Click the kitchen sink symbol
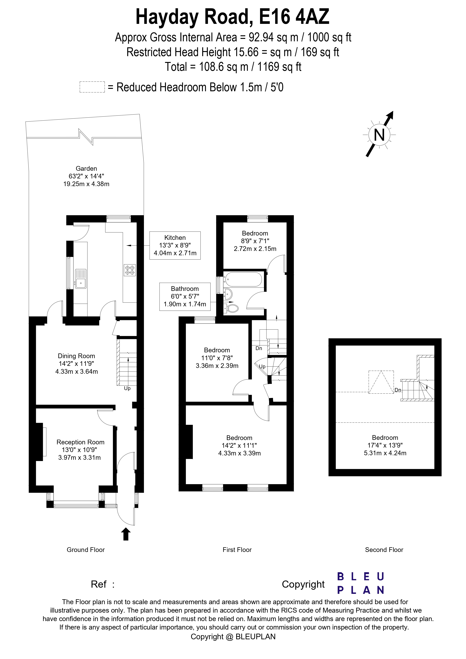tap(81, 279)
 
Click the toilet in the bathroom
tap(232, 309)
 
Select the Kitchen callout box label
tap(175, 238)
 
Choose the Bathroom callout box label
tap(185, 289)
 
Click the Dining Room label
tap(76, 356)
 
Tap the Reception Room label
tap(80, 442)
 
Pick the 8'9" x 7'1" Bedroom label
tap(255, 241)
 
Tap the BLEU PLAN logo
tap(360, 583)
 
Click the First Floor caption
tap(237, 550)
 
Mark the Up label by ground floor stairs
tap(127, 388)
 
